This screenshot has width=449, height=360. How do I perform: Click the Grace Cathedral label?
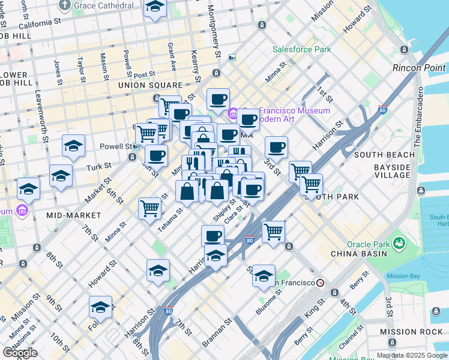coord(104,5)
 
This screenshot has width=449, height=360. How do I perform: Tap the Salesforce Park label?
coord(302,49)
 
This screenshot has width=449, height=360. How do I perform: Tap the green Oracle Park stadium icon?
coord(398,243)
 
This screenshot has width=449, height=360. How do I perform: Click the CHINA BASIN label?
coord(357,254)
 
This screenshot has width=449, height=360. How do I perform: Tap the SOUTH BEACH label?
coord(384,155)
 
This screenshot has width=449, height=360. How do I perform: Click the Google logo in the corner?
coord(20,352)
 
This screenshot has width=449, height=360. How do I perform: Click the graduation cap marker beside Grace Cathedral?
coord(155,8)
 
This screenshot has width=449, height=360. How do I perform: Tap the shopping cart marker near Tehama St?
coord(149,209)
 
